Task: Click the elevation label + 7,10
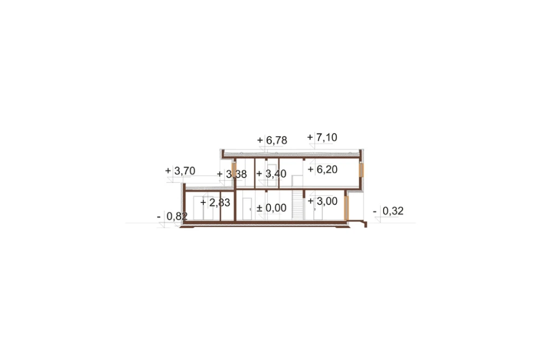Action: point(322,137)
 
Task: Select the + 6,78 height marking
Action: point(272,141)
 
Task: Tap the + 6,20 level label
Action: point(322,169)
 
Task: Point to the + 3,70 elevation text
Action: point(180,171)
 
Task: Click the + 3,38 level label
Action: point(232,174)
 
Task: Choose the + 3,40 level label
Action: point(272,174)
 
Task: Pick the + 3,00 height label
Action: point(322,201)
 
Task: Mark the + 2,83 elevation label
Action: point(215,202)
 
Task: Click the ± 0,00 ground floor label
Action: point(272,208)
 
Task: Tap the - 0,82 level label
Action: point(172,216)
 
